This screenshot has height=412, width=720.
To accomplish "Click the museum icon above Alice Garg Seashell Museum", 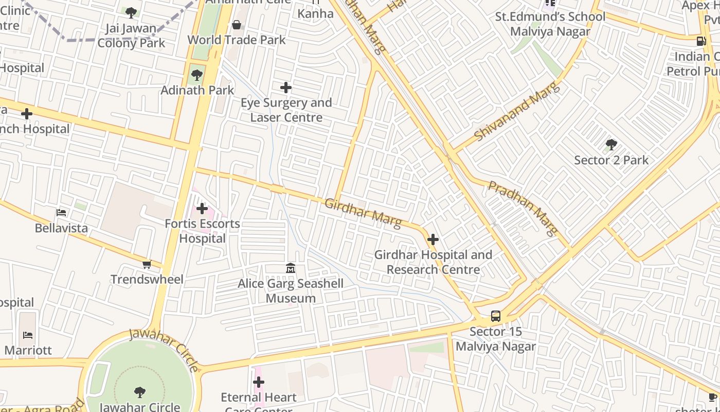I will coord(291,268).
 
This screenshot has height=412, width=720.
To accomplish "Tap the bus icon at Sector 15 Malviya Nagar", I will coord(496,316).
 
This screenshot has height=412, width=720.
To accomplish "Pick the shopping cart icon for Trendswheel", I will coord(147,265).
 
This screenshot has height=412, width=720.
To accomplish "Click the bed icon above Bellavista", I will coord(61,213).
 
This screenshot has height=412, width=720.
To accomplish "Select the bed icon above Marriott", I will coord(28,335).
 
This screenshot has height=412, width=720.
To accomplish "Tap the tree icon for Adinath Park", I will coord(196,75).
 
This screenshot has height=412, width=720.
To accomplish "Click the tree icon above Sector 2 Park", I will coord(611,145).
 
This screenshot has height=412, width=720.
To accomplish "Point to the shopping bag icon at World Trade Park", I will coord(237,25).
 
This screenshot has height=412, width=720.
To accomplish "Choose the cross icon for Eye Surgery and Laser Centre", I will coord(286,88).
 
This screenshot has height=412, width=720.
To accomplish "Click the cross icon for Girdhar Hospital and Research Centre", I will coord(433,239).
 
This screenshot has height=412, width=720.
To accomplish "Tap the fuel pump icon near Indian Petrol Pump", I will coord(701,41).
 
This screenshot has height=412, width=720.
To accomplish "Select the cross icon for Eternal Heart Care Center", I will coord(259,382).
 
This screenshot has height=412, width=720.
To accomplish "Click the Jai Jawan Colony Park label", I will coord(131,35).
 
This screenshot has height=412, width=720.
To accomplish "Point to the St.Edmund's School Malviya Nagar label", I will coord(550,24).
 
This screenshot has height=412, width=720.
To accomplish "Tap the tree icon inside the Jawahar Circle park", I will coord(139,392).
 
